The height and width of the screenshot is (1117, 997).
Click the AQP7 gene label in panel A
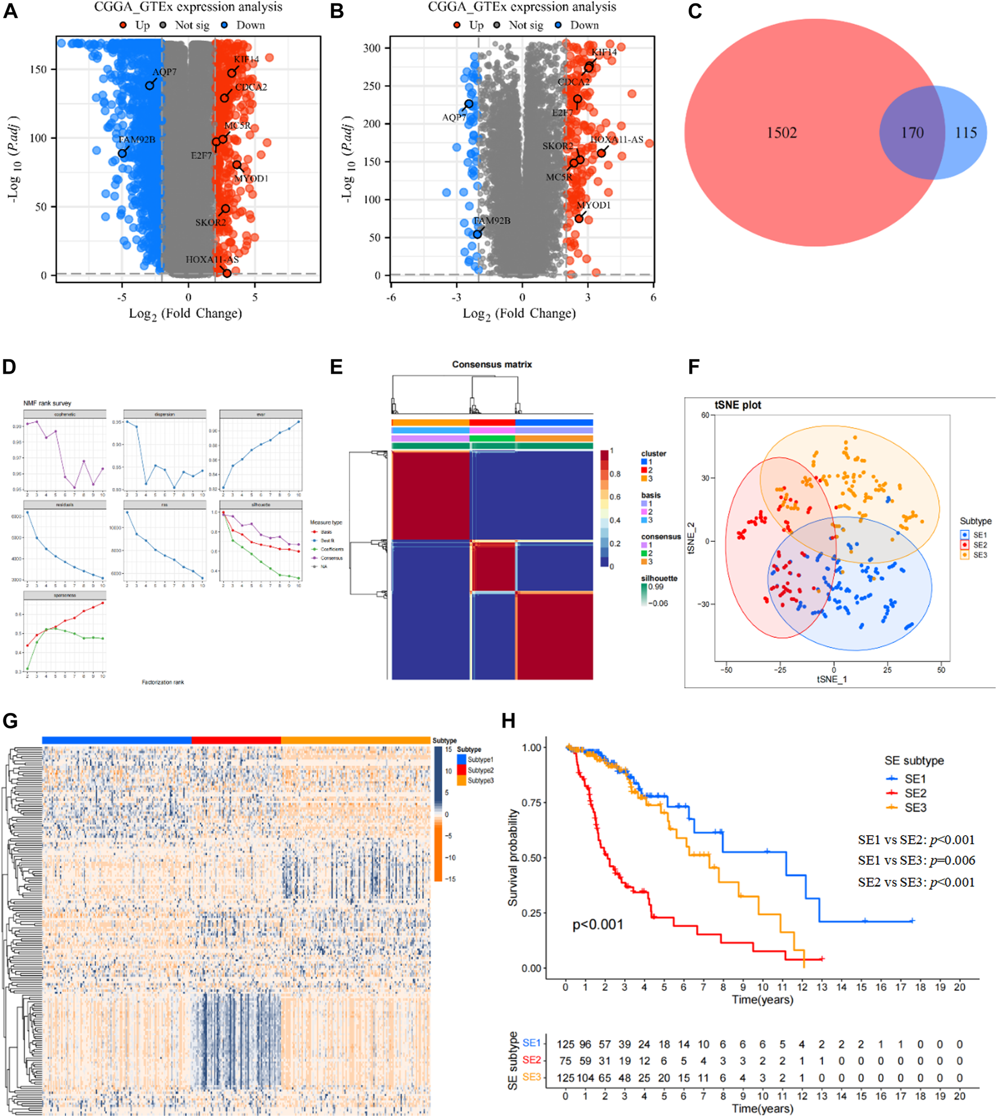point(164,72)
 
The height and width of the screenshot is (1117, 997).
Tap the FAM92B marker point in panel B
point(477,234)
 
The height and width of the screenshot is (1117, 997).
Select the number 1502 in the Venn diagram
point(782,133)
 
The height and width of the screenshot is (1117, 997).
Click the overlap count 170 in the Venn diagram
point(912,133)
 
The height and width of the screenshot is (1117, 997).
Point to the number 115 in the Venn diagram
point(966,133)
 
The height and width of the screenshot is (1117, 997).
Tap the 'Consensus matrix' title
point(492,365)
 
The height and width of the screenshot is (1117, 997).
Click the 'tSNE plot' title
point(738,405)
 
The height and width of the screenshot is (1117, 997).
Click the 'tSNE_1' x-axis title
point(832,679)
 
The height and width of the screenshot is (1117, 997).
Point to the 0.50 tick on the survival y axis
point(531,858)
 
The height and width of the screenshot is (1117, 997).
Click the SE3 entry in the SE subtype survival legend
point(915,808)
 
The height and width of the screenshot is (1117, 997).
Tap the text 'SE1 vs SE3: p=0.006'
point(917,860)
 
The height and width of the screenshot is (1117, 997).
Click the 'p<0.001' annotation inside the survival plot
point(598,925)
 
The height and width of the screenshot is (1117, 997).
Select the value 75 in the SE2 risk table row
point(565,1061)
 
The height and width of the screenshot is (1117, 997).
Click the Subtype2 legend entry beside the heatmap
point(480,770)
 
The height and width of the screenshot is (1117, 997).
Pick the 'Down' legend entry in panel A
point(250,25)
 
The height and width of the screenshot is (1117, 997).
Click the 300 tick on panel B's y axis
point(372,48)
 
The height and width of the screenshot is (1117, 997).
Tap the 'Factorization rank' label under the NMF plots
point(163,682)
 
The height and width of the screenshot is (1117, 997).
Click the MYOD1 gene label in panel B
point(594,205)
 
